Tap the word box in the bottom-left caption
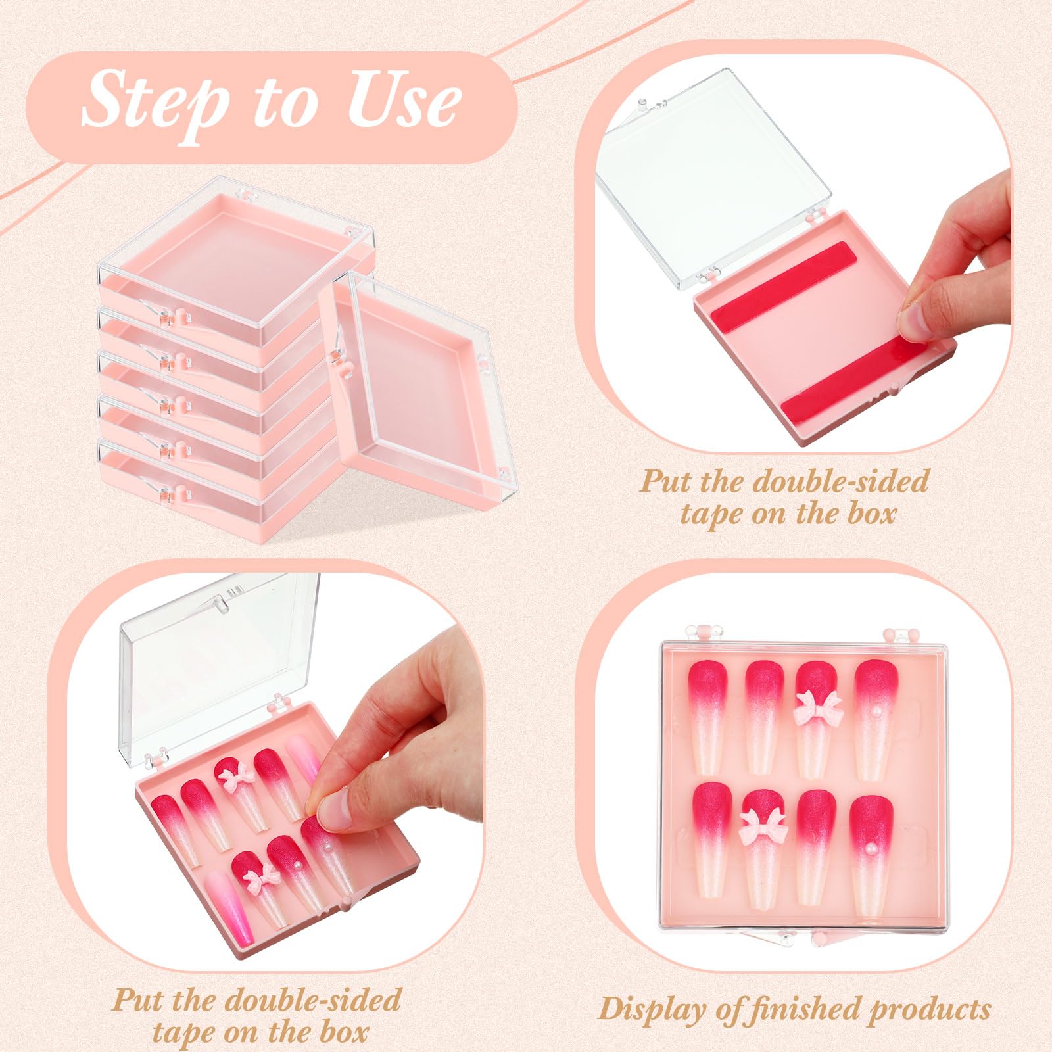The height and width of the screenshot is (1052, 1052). [x=343, y=1032]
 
